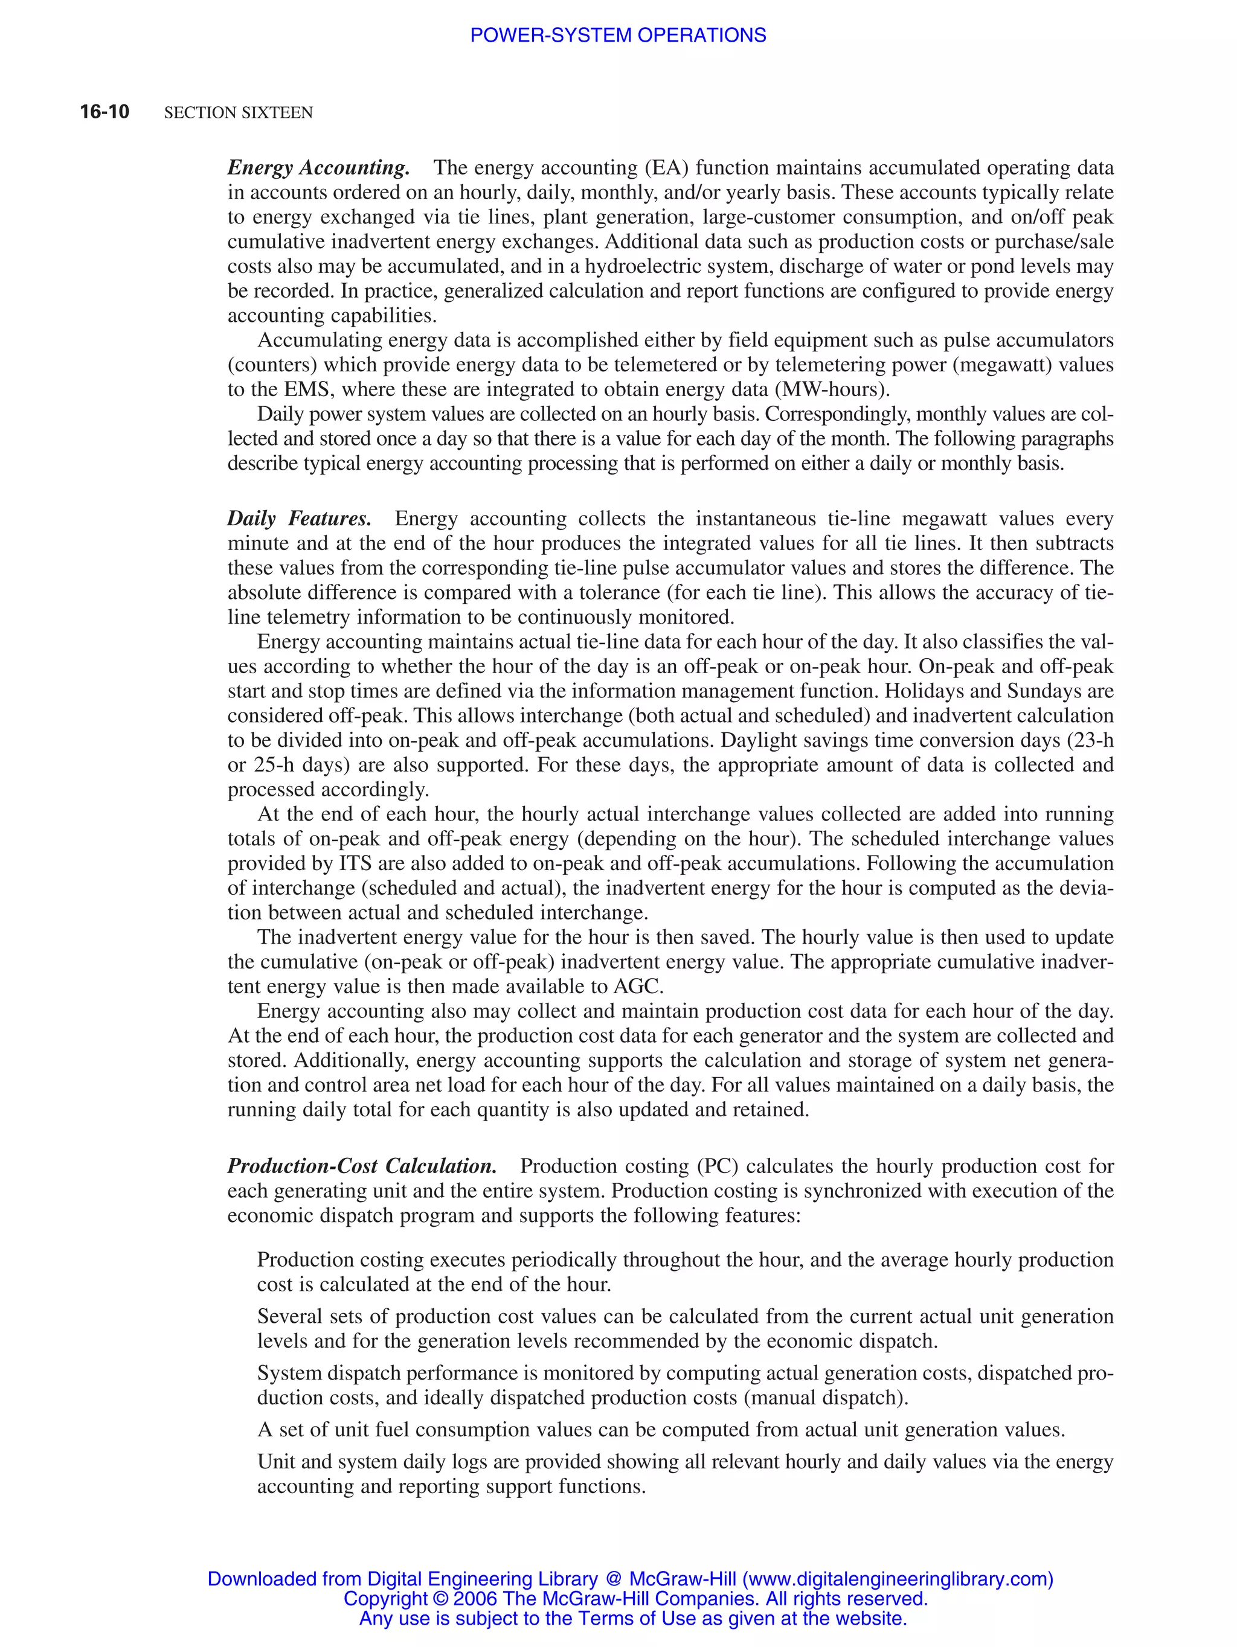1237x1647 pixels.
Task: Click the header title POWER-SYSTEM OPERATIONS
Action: coord(617,35)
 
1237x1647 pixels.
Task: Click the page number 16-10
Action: coord(104,112)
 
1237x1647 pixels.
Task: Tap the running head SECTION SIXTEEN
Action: coord(239,112)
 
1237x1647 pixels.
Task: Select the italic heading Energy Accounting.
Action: coord(318,167)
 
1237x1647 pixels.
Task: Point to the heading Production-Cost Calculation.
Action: coord(362,1166)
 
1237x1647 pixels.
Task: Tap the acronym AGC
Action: coord(637,987)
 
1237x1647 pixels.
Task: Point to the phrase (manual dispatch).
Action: coord(825,1398)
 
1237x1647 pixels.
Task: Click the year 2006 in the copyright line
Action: coord(474,1599)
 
